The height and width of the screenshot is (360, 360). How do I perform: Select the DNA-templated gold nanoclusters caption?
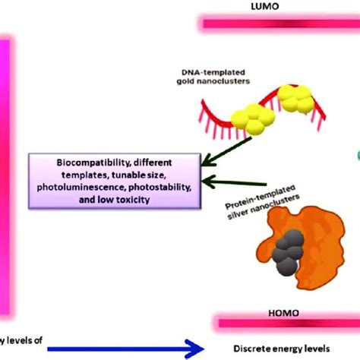pyautogui.click(x=228, y=74)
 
